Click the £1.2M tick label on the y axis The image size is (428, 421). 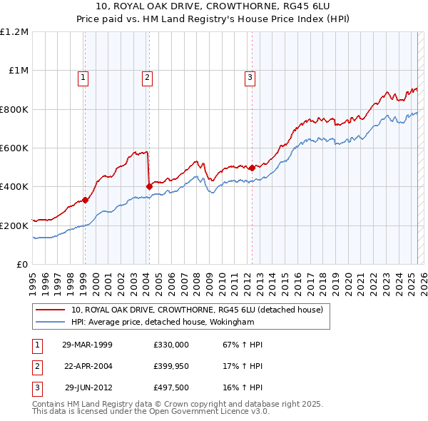pos(14,32)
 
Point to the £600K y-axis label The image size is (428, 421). pos(14,148)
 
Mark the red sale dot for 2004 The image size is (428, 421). pos(149,187)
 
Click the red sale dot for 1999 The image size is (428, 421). pos(85,201)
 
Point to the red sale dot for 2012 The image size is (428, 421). pos(253,168)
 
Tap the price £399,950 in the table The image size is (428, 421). pos(171,367)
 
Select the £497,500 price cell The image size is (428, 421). pos(171,389)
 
